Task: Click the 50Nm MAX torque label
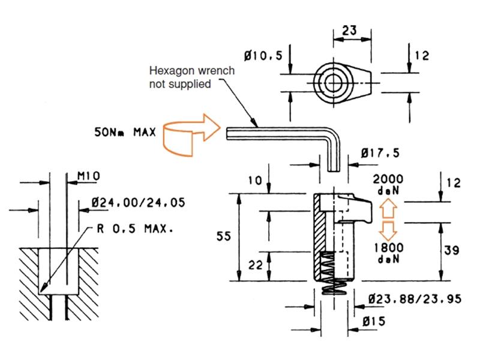pos(125,132)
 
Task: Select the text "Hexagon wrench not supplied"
pos(192,77)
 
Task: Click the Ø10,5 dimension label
pos(263,56)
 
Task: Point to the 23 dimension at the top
pos(349,31)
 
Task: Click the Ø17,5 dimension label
pos(380,153)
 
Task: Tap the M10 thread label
pos(88,176)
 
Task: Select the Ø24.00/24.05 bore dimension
pos(139,203)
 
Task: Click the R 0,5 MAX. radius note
pos(135,229)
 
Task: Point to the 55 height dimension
pos(223,236)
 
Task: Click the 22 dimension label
pos(256,265)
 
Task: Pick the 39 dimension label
pos(452,250)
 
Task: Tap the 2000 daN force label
pos(388,185)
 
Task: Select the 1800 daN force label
pos(389,253)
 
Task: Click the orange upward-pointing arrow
pos(388,208)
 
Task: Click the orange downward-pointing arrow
pos(388,230)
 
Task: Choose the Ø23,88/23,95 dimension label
pos(415,299)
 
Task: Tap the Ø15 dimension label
pos(374,322)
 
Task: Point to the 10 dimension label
pos(255,181)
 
